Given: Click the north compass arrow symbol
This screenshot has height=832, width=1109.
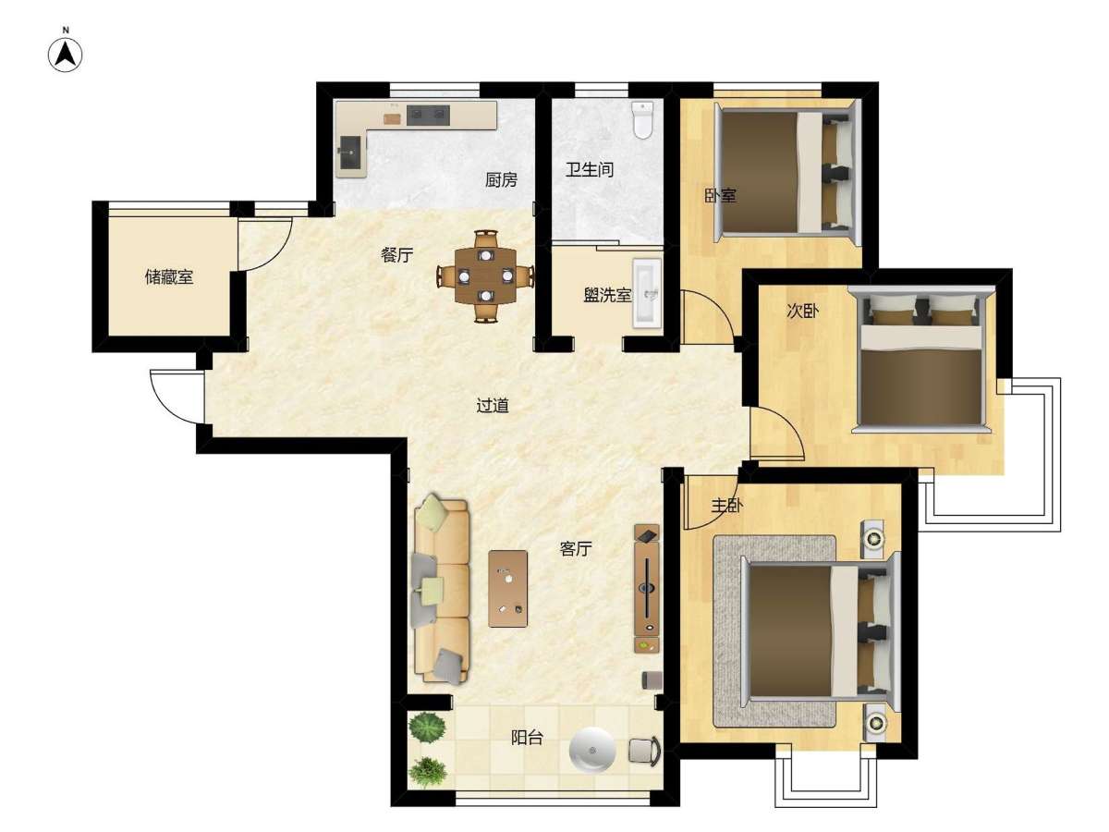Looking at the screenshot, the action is click(x=66, y=55).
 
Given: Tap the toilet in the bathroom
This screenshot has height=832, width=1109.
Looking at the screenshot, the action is click(x=642, y=120).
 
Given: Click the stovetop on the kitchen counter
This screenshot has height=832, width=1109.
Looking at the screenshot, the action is click(x=428, y=115).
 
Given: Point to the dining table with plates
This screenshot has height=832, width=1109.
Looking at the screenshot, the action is click(x=485, y=275).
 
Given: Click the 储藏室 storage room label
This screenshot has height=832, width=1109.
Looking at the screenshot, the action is click(x=169, y=276).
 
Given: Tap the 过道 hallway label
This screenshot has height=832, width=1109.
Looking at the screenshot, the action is click(x=492, y=405).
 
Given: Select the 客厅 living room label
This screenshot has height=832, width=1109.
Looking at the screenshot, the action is click(x=576, y=548).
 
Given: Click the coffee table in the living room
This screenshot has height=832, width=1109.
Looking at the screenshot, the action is click(x=507, y=589).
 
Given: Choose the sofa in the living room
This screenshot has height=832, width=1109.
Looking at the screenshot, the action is click(x=441, y=588).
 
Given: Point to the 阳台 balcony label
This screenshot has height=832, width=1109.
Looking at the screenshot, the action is click(x=527, y=738).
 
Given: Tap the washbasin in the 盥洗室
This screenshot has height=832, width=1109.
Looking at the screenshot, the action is click(x=647, y=291).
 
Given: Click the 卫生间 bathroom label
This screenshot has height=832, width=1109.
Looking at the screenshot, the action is click(x=589, y=169).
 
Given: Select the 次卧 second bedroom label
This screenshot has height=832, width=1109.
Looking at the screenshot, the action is click(x=802, y=311).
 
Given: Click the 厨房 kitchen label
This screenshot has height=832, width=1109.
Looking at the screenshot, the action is click(x=501, y=180).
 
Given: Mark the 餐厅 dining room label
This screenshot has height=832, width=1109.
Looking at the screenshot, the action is click(x=397, y=255).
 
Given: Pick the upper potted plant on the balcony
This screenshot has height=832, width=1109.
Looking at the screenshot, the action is click(x=428, y=727).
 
